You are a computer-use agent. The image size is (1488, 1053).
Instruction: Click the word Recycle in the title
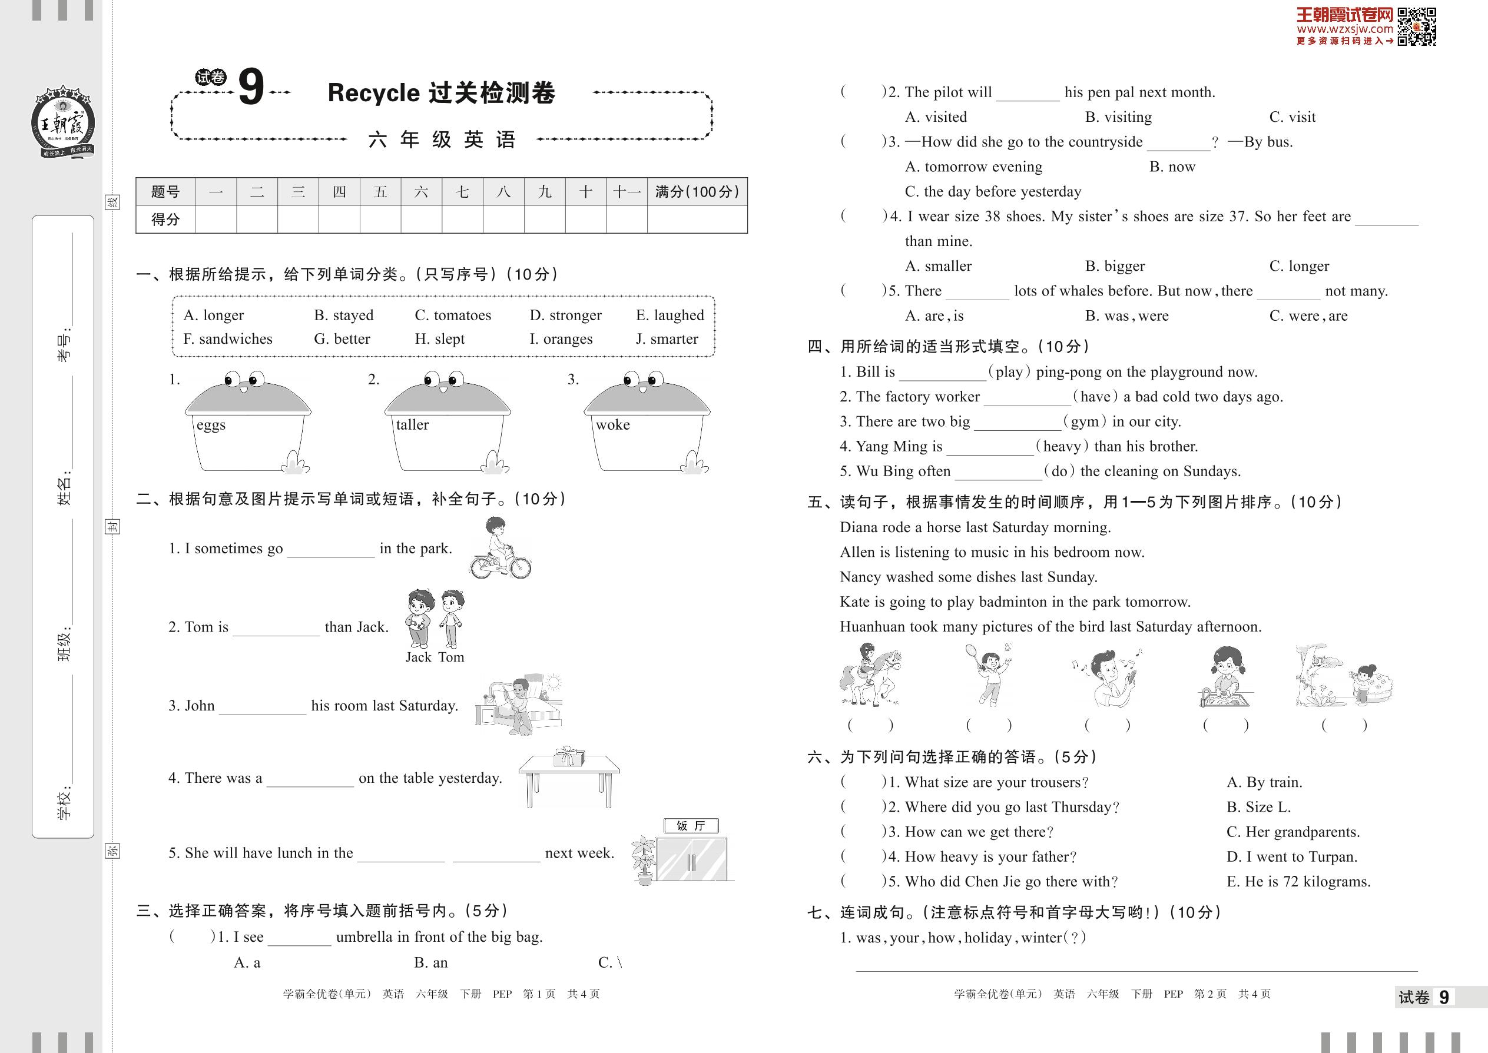374,93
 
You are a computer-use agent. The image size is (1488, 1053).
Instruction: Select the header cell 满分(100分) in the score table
697,192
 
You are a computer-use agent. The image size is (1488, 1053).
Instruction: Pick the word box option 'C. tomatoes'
453,315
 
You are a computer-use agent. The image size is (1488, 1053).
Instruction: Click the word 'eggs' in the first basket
211,425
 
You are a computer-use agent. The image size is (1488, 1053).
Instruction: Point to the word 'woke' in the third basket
612,425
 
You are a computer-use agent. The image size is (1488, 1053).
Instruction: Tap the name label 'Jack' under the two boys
419,657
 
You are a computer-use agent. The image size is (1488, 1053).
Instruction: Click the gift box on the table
568,756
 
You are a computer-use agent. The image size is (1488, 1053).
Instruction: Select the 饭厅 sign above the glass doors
691,825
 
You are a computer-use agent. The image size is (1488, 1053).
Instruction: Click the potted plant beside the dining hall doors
644,860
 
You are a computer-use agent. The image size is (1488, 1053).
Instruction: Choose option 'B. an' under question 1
430,962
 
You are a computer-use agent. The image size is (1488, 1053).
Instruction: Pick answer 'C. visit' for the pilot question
1292,117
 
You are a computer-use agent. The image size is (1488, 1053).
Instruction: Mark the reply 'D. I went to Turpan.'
1291,856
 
